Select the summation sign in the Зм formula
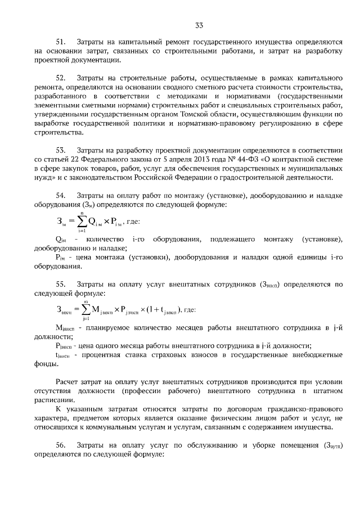82,221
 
